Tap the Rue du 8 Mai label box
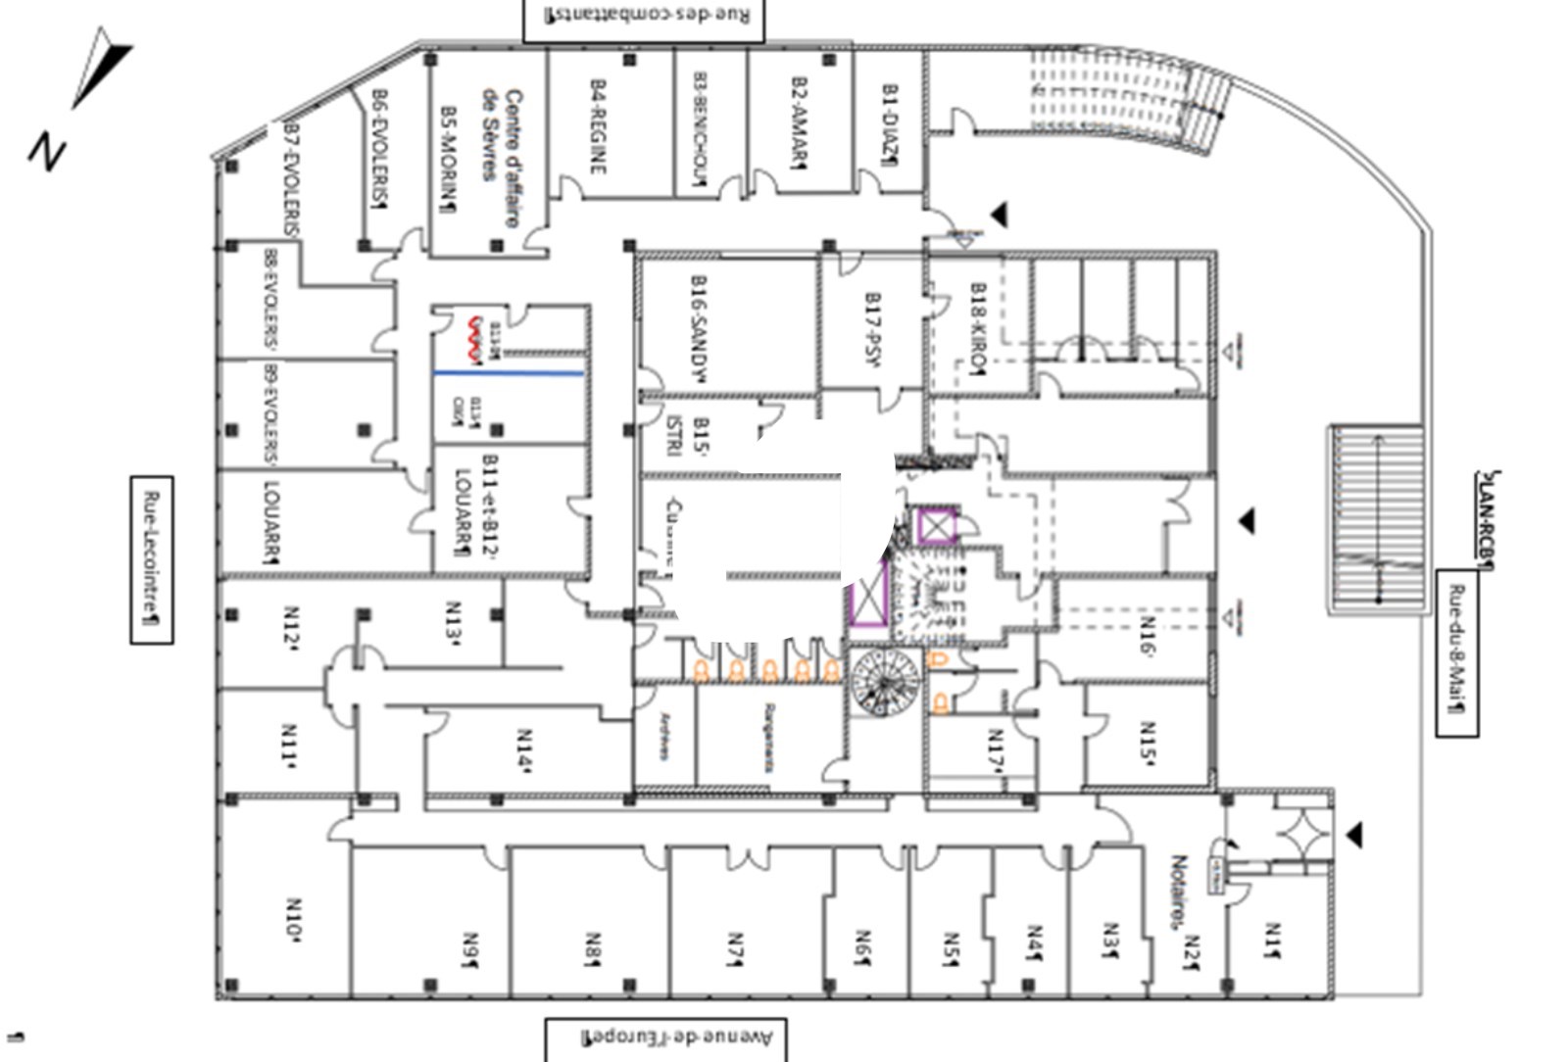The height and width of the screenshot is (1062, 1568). tap(1457, 652)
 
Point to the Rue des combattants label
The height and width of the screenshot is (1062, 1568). tap(643, 17)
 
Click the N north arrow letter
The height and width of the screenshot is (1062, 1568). tap(45, 152)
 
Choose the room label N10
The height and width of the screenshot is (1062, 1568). tap(293, 921)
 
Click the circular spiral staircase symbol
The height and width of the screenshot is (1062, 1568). tap(885, 681)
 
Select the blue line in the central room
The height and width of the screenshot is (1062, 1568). tap(509, 373)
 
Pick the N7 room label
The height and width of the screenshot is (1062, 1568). tap(735, 948)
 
